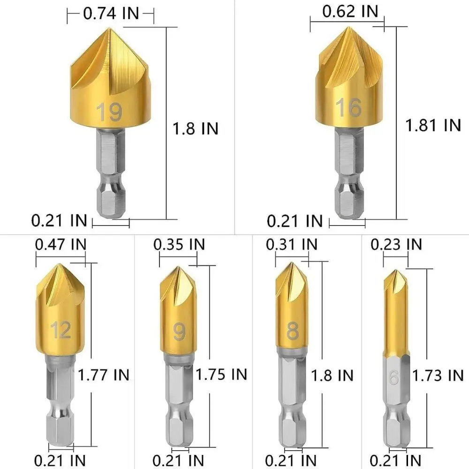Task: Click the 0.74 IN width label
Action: (111, 14)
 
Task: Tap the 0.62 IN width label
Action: (350, 12)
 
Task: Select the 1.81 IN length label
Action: (433, 125)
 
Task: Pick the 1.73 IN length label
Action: (438, 375)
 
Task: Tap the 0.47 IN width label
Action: (61, 244)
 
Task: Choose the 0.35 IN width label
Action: (180, 244)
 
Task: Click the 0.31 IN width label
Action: (291, 244)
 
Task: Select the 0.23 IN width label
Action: (396, 244)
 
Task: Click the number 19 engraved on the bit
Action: (109, 113)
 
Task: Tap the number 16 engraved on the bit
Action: (349, 108)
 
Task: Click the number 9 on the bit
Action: (179, 332)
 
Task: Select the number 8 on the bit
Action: (293, 331)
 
